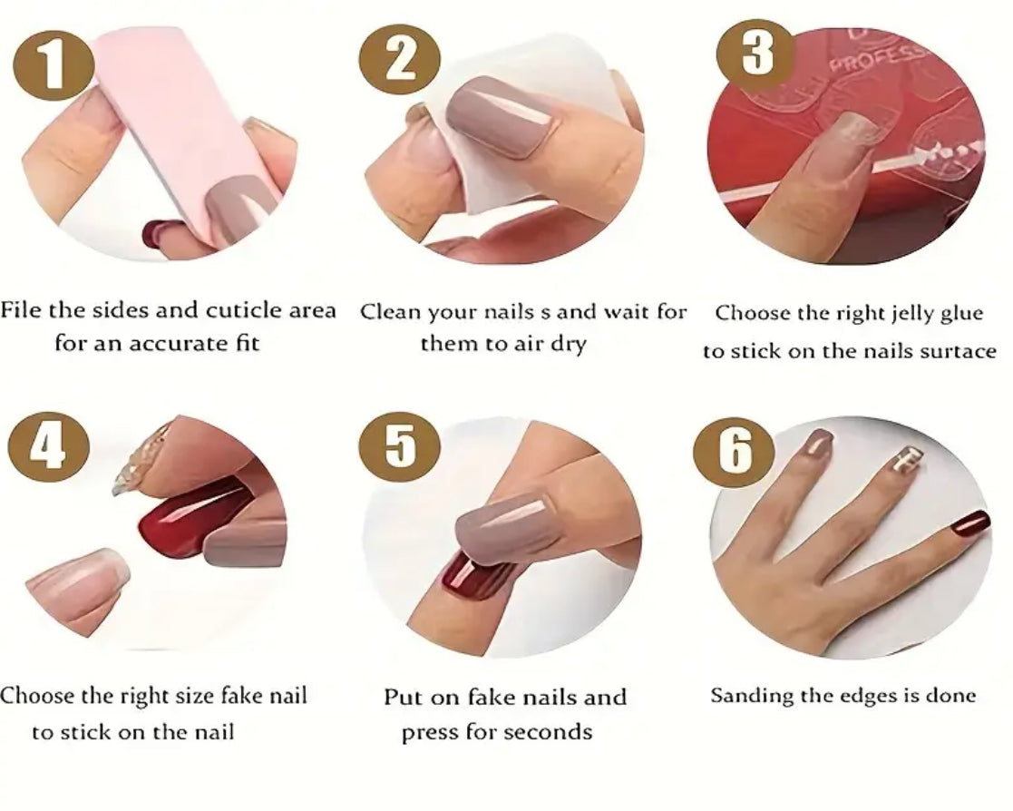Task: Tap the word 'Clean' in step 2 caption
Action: [392, 312]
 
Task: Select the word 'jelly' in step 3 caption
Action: [893, 313]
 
